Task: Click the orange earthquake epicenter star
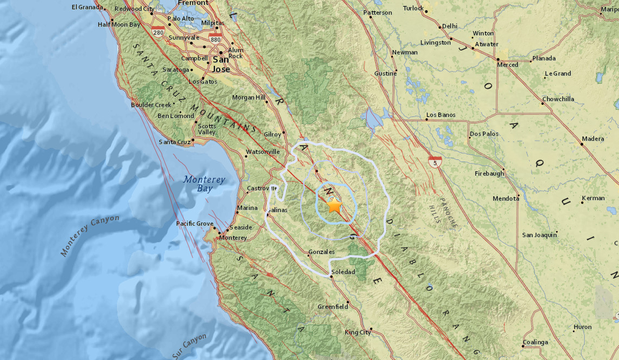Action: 335,206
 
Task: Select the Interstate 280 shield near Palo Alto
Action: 158,32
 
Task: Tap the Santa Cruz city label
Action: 174,142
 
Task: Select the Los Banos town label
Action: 441,115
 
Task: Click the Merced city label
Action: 508,65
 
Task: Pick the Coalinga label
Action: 536,342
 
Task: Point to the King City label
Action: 358,332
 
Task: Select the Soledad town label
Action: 343,271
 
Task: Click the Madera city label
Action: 593,139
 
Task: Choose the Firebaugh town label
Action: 490,174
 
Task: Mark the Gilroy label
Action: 272,134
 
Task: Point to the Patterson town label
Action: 377,13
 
